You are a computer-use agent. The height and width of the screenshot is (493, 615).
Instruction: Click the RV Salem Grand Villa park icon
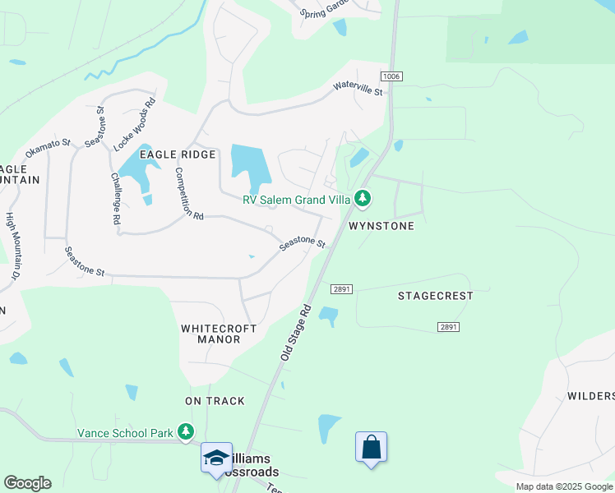pyautogui.click(x=363, y=198)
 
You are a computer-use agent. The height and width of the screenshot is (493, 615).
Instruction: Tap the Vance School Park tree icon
pyautogui.click(x=187, y=431)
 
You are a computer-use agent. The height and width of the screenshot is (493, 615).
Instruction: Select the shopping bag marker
pyautogui.click(x=371, y=448)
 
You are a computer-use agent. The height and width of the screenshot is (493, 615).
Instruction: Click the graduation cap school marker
pyautogui.click(x=216, y=458)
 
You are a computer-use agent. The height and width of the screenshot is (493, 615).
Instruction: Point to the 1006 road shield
pyautogui.click(x=391, y=76)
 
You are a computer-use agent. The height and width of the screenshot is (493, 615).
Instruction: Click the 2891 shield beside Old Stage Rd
pyautogui.click(x=342, y=289)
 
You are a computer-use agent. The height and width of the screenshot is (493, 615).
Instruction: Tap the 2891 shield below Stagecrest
pyautogui.click(x=448, y=327)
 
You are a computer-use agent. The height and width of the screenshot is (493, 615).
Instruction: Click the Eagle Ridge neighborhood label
pyautogui.click(x=178, y=154)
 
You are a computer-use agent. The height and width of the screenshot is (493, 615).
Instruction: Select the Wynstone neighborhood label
pyautogui.click(x=381, y=225)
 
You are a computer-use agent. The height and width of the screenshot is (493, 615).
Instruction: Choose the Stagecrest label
pyautogui.click(x=436, y=296)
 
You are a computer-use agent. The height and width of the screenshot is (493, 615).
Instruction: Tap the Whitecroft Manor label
pyautogui.click(x=219, y=333)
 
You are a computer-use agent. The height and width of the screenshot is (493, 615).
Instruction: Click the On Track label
pyautogui.click(x=215, y=401)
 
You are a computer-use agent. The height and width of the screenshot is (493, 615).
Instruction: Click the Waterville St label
pyautogui.click(x=358, y=87)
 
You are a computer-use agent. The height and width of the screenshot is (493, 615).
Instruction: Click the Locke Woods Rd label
pyautogui.click(x=135, y=126)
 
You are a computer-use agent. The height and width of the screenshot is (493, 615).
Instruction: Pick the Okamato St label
pyautogui.click(x=49, y=149)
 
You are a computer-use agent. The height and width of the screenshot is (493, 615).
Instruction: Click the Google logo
pyautogui.click(x=27, y=483)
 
